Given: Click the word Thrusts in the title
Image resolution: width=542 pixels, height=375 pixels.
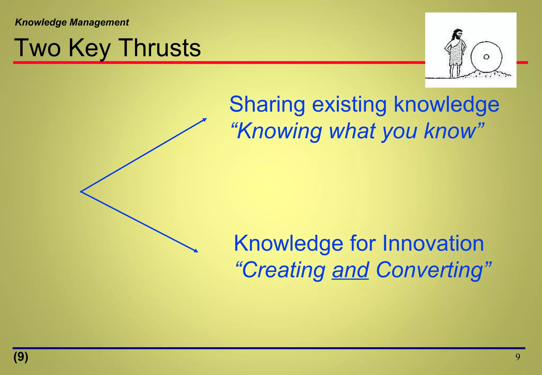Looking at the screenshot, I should coord(160,48).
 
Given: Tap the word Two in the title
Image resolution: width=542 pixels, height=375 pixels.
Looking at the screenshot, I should coord(37,48).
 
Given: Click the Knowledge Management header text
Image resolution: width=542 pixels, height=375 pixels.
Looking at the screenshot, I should coord(72,22).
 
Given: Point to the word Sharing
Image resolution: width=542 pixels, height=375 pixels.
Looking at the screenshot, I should coord(267,105).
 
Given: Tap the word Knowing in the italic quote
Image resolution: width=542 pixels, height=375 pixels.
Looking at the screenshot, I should coord(279,131).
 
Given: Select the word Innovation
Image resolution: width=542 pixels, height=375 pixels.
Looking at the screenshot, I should coord(433,243).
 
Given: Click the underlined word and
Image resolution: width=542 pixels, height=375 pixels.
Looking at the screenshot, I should coord(350,270).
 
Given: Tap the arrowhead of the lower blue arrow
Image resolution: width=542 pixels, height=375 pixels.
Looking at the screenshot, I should coord(196,251).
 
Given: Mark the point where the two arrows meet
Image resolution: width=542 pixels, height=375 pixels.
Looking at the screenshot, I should coord(81,191).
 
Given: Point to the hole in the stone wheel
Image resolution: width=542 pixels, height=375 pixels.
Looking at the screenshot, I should coord(486,57).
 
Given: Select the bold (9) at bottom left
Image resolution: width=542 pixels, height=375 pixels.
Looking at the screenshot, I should coord(21,357).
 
